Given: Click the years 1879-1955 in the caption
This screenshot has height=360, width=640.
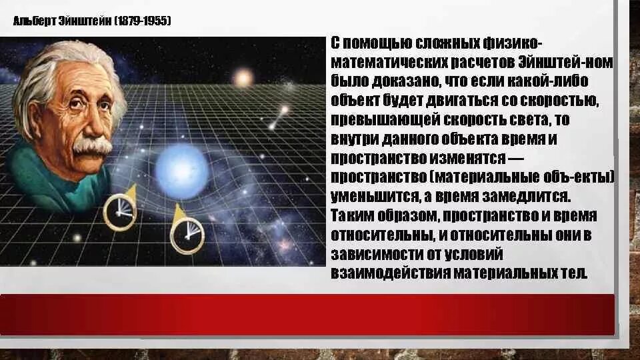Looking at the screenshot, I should point(143,21).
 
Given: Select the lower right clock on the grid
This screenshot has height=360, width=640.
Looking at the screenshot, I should point(187,235).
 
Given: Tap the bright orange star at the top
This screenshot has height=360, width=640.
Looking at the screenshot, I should point(243,79).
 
